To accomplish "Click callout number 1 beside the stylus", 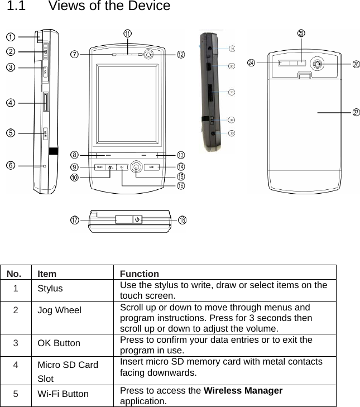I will pyautogui.click(x=11, y=37).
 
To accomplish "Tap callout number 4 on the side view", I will pyautogui.click(x=11, y=103).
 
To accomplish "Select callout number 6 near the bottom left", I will pyautogui.click(x=11, y=165).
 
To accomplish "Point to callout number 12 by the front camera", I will pyautogui.click(x=181, y=55).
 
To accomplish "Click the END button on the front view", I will pyautogui.click(x=151, y=167).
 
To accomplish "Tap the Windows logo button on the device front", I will pyautogui.click(x=111, y=167).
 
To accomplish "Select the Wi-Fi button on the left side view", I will pyautogui.click(x=45, y=133).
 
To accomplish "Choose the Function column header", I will pyautogui.click(x=139, y=274).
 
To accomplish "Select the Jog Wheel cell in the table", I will pyautogui.click(x=60, y=310).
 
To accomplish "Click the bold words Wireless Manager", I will pyautogui.click(x=243, y=390).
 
